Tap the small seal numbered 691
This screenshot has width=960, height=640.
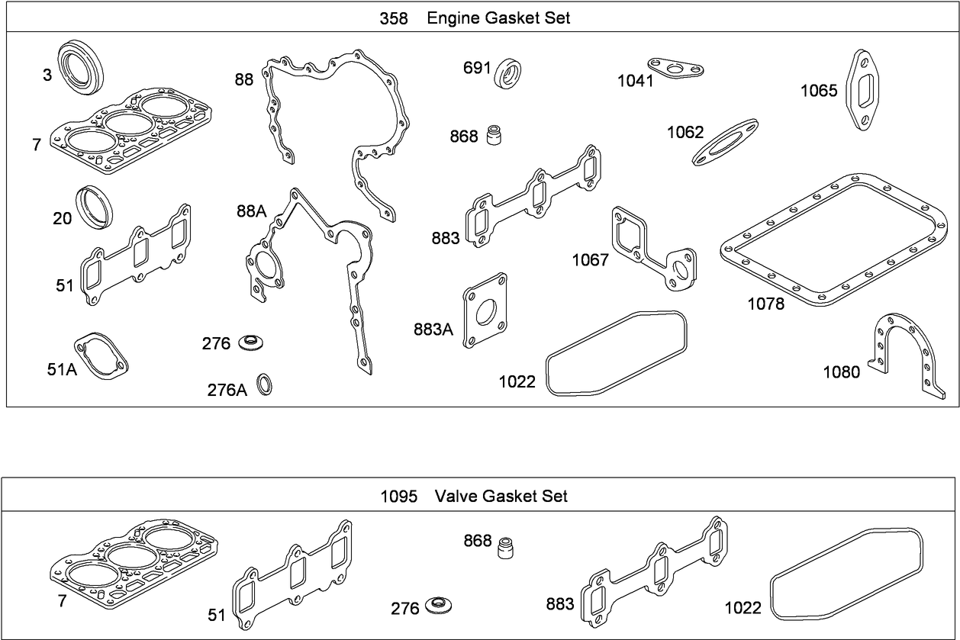(x=508, y=72)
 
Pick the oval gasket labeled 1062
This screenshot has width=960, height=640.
(x=725, y=141)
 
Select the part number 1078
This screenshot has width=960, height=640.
(x=765, y=304)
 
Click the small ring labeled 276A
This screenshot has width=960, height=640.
(x=264, y=385)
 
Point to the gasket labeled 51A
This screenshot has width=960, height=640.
(x=101, y=357)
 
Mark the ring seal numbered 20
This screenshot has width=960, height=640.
(x=95, y=204)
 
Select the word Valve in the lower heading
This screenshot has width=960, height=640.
(x=456, y=497)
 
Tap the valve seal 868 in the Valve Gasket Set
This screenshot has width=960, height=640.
(x=504, y=548)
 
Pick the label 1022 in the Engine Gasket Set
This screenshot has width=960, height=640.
(x=517, y=381)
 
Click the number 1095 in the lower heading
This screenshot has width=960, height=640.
(x=398, y=497)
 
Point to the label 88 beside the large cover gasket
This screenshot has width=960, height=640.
(x=244, y=80)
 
